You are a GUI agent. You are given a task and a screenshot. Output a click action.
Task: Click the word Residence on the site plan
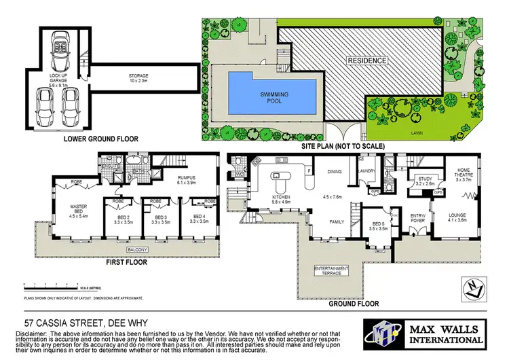pos(368,60)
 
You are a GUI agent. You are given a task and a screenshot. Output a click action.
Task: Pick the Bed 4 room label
pos(197,218)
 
